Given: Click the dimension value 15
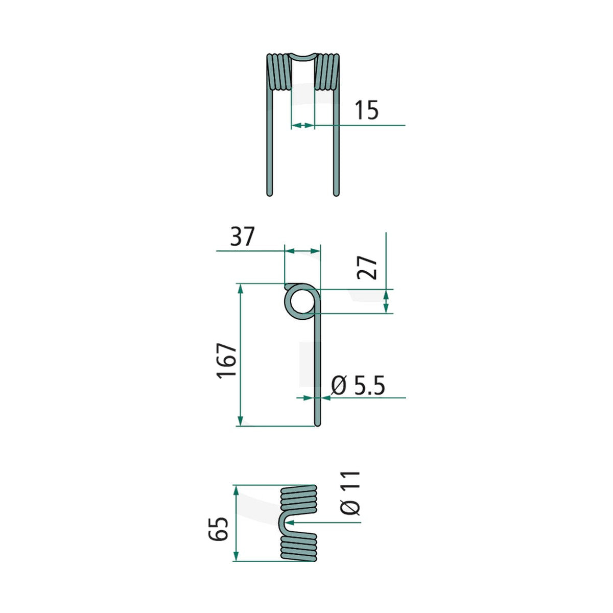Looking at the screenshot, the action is [366, 110].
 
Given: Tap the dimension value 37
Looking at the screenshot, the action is [243, 237].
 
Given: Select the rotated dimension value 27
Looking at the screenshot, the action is [367, 268].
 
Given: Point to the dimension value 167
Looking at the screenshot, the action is [226, 361].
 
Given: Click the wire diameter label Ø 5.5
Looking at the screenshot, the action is [358, 385].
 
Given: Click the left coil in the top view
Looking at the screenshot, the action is [279, 72].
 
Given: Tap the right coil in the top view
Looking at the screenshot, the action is [327, 72].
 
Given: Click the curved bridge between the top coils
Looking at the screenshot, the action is [303, 59].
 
